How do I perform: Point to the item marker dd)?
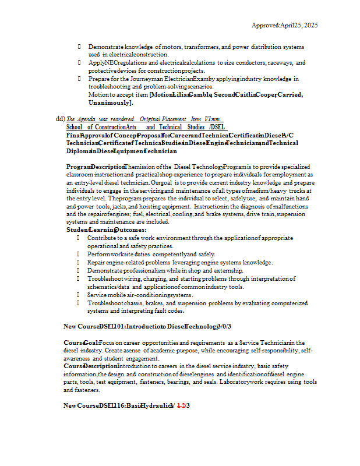[x=61, y=119]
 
